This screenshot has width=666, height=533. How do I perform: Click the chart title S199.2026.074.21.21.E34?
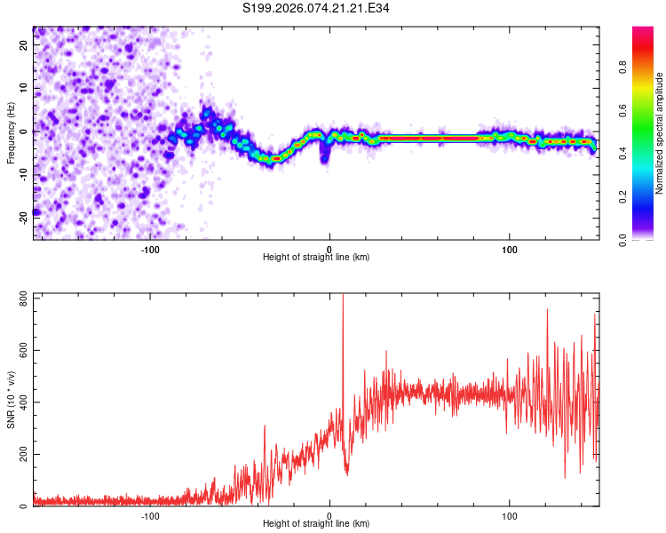click(317, 8)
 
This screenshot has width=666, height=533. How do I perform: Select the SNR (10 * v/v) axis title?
click(12, 400)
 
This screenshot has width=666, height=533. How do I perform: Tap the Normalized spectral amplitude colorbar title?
click(660, 133)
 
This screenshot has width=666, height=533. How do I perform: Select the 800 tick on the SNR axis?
click(23, 295)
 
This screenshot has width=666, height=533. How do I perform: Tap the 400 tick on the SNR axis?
click(23, 402)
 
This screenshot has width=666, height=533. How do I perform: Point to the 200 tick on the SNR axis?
click(23, 454)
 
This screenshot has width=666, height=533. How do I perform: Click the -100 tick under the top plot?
click(150, 249)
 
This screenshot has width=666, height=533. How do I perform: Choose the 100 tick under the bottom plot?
click(510, 515)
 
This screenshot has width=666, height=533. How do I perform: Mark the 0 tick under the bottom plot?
click(329, 515)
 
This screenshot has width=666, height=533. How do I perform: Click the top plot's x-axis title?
click(316, 258)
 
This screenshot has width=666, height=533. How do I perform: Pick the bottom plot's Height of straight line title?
click(316, 524)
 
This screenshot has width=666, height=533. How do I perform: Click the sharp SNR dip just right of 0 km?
click(346, 471)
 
